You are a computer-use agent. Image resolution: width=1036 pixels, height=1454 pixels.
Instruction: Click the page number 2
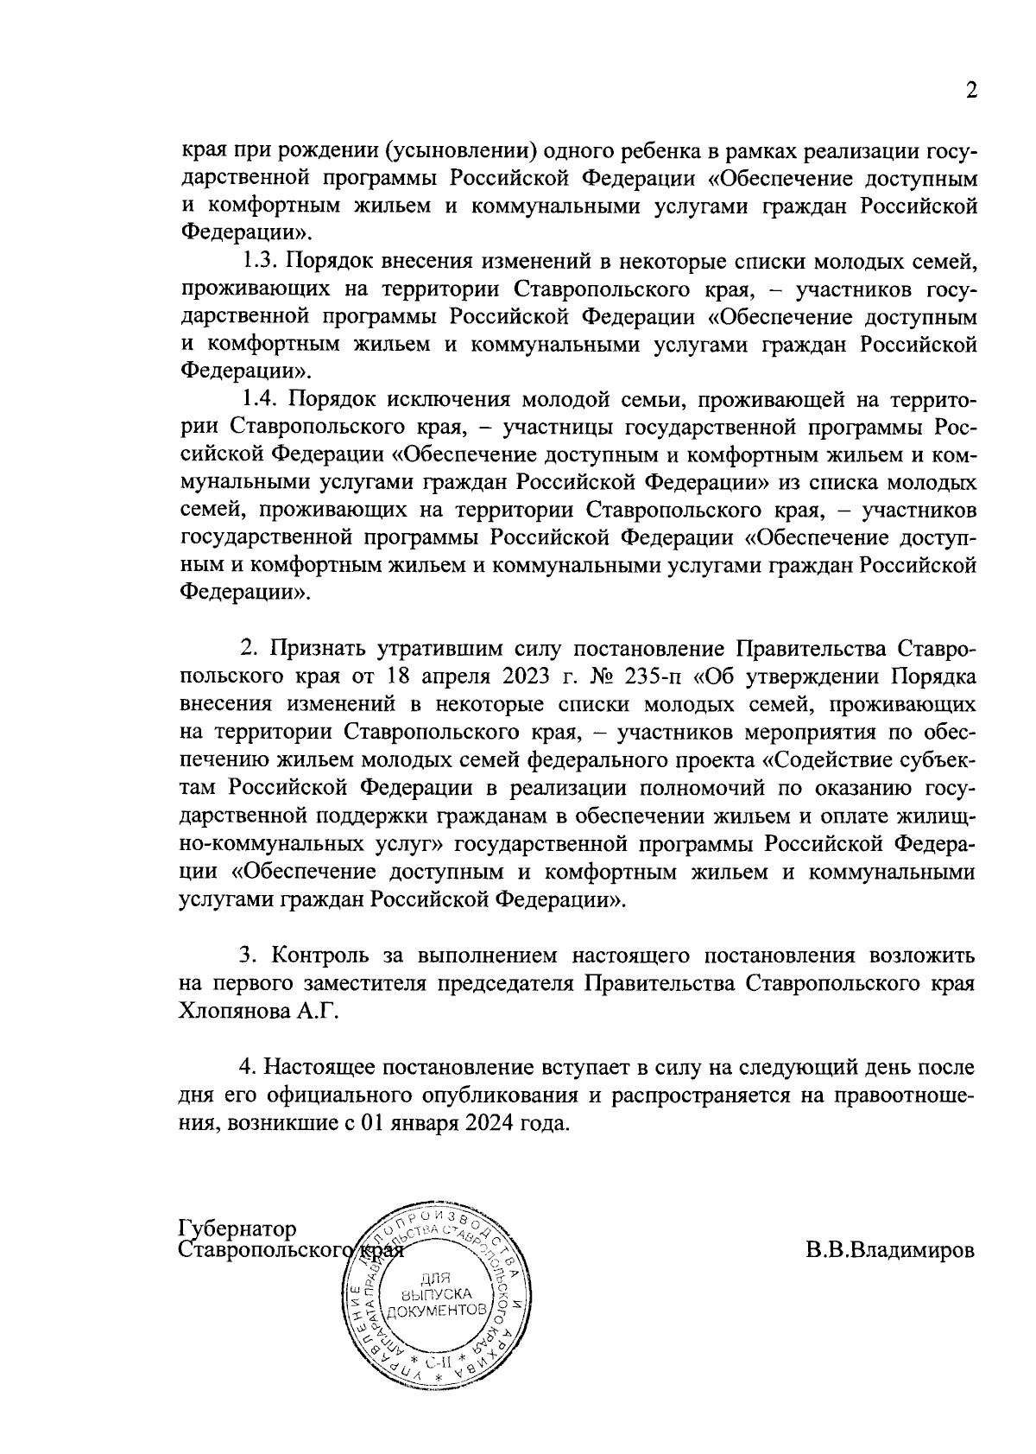click(x=971, y=92)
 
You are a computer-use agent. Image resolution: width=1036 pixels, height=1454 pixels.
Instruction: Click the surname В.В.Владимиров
click(x=891, y=1250)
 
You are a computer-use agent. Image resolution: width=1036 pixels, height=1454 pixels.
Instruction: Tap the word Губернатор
click(x=237, y=1229)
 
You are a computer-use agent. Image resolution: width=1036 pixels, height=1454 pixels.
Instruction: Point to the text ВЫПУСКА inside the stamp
click(x=436, y=1294)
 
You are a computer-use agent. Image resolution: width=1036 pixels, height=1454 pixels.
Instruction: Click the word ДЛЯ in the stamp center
click(x=435, y=1278)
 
